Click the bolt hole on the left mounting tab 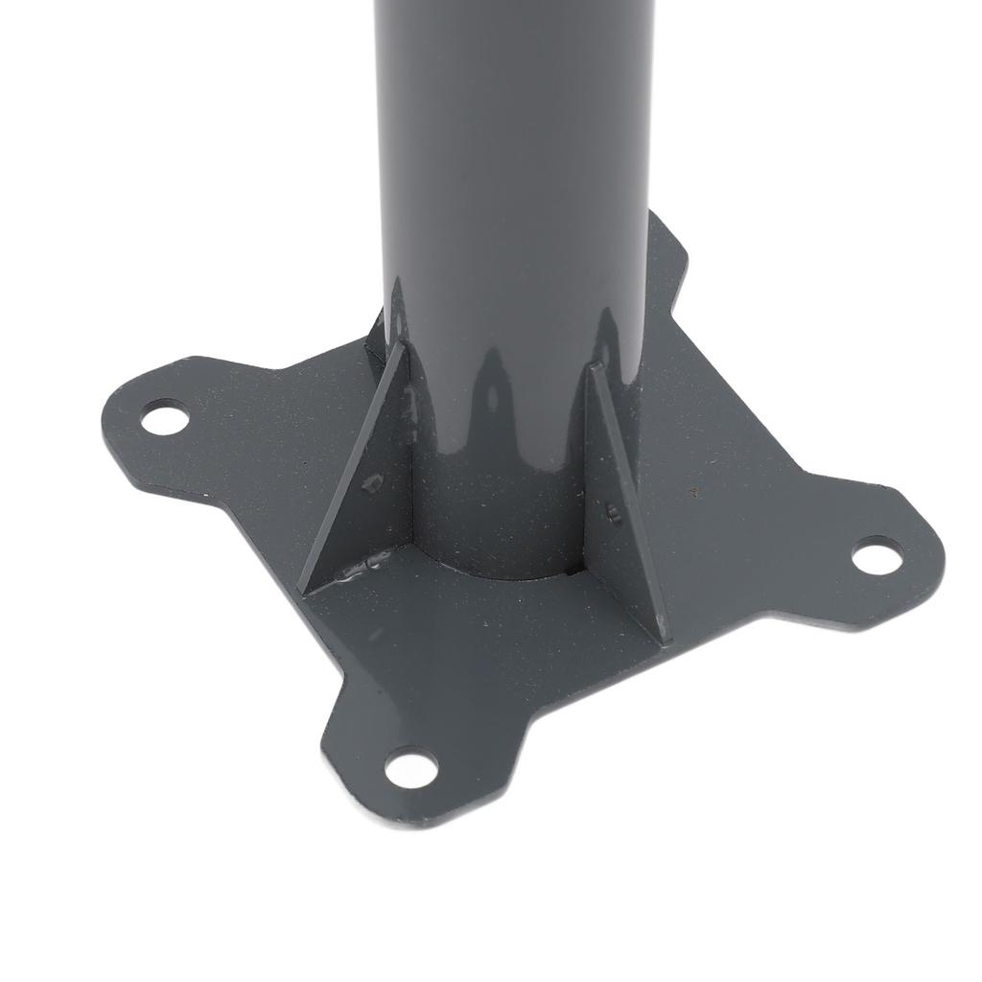[164, 419]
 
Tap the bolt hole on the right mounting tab [877, 555]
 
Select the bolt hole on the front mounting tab [410, 767]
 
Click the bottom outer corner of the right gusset [662, 637]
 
